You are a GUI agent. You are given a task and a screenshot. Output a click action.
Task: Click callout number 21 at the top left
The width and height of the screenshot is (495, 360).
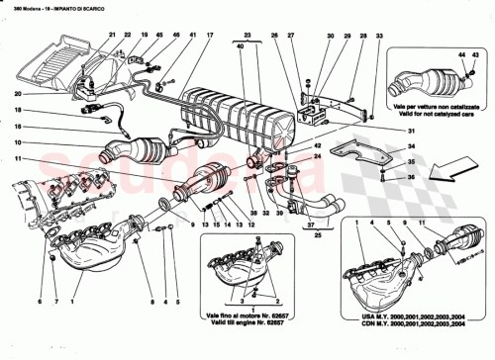coord(110,35)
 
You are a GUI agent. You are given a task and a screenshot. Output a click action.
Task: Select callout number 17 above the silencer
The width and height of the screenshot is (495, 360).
coord(210,35)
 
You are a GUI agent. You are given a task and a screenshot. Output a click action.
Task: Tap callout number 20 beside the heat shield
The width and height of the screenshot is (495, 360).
coord(17,94)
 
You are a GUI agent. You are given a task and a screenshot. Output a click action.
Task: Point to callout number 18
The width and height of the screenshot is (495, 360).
coord(17,110)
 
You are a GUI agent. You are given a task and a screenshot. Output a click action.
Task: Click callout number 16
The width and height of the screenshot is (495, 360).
coord(17,128)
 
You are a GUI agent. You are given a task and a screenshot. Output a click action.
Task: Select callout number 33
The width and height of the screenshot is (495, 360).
coord(379,35)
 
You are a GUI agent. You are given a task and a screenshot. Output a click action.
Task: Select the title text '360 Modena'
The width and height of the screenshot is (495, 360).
coord(24,7)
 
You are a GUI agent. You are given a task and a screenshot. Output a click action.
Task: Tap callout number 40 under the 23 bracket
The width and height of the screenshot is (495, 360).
coord(240,45)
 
